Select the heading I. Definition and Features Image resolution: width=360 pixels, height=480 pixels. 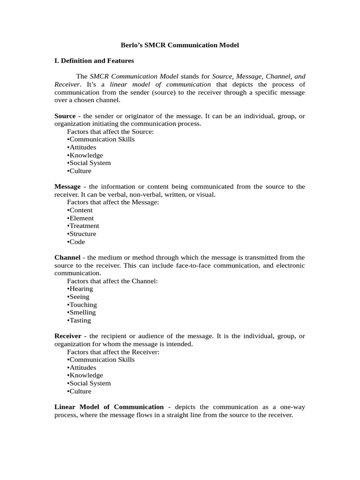[94, 60]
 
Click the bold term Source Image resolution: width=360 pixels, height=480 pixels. [65, 116]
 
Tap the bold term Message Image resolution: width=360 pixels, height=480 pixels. [67, 187]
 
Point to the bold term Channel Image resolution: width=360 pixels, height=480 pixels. [67, 257]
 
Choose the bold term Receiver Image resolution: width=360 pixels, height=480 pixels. [68, 336]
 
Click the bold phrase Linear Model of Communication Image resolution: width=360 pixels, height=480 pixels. [109, 407]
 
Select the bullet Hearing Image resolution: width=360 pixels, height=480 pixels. [80, 289]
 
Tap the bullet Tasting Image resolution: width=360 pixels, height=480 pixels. [79, 320]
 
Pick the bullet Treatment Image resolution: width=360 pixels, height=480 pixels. [83, 226]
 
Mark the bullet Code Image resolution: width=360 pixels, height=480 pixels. [76, 242]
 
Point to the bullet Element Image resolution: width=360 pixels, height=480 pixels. [81, 218]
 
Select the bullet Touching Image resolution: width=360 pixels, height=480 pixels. [82, 305]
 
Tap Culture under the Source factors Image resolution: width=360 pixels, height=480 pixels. [79, 171]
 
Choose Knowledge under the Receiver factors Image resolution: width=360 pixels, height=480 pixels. [85, 375]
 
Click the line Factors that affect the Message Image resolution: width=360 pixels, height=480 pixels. [113, 202]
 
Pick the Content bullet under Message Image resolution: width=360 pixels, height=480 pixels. [80, 210]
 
